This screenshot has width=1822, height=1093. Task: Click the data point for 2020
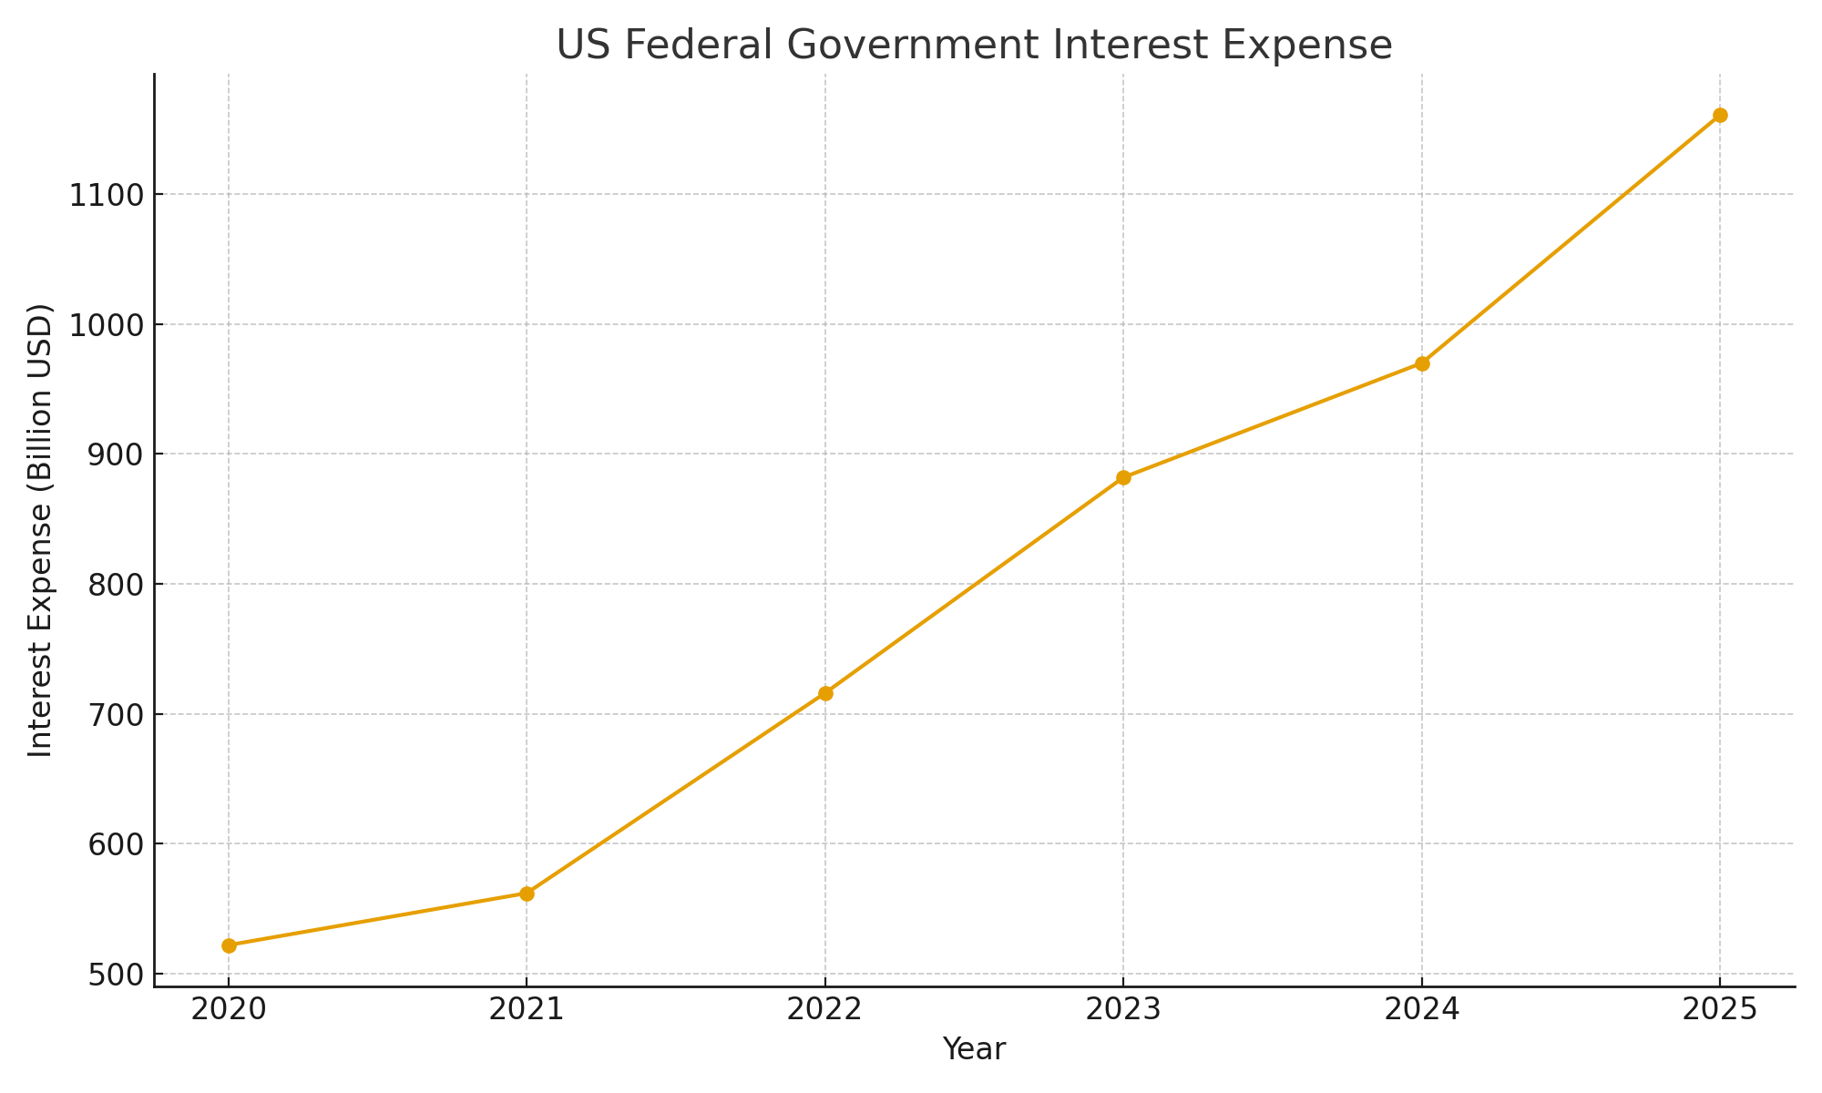(x=229, y=945)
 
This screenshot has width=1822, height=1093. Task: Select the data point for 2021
(x=527, y=894)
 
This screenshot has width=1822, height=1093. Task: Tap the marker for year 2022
(x=825, y=693)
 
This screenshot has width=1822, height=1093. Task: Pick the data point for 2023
(x=1123, y=477)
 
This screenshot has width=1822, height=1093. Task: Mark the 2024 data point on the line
(x=1422, y=363)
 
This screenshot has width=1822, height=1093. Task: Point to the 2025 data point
(x=1720, y=115)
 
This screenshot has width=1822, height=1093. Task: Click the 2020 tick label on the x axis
(x=229, y=1010)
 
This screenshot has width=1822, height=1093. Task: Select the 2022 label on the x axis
(x=825, y=1010)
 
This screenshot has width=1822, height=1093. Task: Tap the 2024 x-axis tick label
(x=1422, y=1010)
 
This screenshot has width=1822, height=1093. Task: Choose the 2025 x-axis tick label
(x=1720, y=1010)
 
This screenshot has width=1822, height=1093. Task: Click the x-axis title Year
(x=974, y=1049)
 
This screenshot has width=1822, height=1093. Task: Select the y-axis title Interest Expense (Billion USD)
(x=41, y=530)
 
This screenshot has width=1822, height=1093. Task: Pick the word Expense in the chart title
(x=1314, y=45)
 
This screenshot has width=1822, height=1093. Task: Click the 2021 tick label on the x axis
(x=527, y=1010)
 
